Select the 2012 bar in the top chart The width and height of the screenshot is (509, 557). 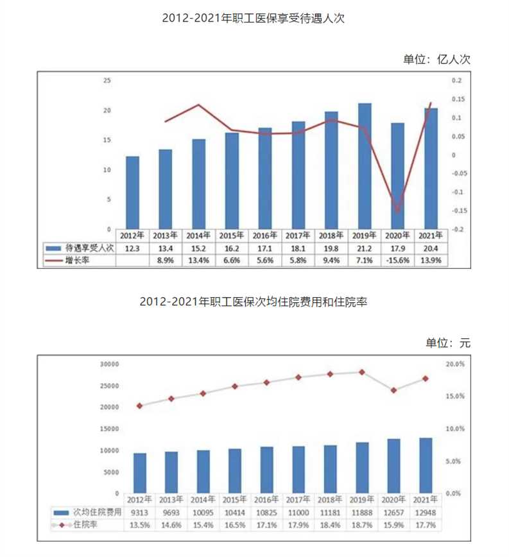(132, 193)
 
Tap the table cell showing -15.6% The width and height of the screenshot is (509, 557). (398, 260)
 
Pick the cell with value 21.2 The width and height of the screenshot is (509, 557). (365, 248)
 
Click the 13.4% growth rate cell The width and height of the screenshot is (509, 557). (199, 260)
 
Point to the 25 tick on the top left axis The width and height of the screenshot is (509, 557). (107, 81)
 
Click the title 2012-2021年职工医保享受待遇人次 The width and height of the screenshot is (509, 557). (254, 19)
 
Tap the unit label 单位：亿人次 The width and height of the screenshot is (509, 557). (436, 60)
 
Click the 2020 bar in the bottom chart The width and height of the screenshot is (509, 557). (394, 466)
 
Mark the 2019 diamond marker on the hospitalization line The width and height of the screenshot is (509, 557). (362, 372)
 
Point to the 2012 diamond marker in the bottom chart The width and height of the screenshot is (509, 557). (139, 406)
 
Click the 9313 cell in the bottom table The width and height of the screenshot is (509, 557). (139, 513)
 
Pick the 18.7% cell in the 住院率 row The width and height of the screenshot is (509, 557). (362, 525)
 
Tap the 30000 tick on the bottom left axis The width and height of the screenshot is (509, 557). (111, 364)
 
